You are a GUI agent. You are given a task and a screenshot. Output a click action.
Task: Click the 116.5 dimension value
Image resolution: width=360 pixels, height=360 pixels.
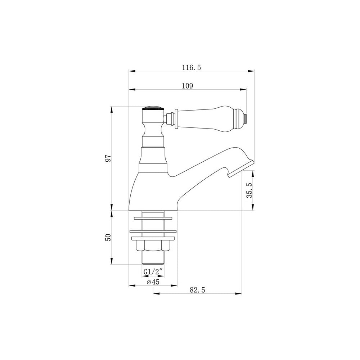point(192,68)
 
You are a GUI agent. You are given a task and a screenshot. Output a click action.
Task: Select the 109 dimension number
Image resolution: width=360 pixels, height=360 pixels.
point(188,86)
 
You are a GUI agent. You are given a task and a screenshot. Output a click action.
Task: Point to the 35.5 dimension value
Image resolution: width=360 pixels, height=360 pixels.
point(249,190)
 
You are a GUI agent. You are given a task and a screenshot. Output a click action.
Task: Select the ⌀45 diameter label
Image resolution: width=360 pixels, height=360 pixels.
point(153,282)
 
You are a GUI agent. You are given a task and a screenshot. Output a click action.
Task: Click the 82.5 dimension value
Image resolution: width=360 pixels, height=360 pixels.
point(197,290)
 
